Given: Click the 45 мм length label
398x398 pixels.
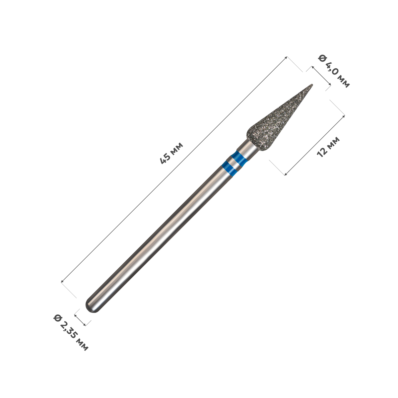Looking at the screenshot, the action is point(171,153).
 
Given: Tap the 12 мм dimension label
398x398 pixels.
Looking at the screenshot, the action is point(328,147).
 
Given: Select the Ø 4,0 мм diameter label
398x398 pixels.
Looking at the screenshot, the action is point(334,71).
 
